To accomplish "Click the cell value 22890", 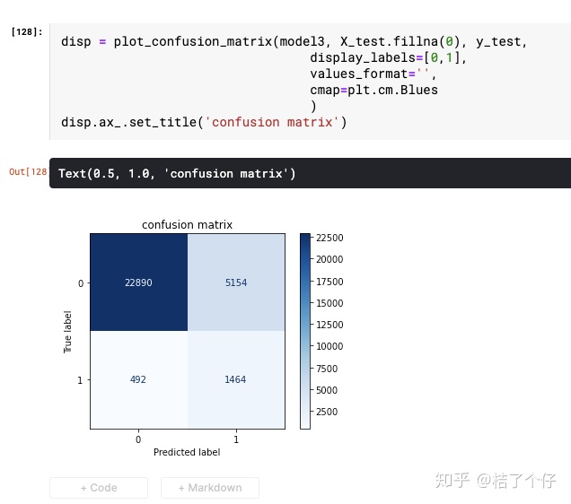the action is pyautogui.click(x=138, y=282).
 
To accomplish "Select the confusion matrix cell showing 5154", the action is pyautogui.click(x=236, y=282).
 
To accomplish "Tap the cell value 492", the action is pyautogui.click(x=138, y=379).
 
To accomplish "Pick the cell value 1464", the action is pyautogui.click(x=236, y=379).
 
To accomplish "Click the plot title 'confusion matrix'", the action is pyautogui.click(x=187, y=225).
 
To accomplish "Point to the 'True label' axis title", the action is pyautogui.click(x=67, y=332).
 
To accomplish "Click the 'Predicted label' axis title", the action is pyautogui.click(x=187, y=452).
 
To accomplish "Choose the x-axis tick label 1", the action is pyautogui.click(x=236, y=439).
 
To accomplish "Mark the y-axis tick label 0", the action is pyautogui.click(x=81, y=283).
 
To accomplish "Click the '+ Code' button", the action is pyautogui.click(x=99, y=488).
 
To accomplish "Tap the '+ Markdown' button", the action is pyautogui.click(x=210, y=488).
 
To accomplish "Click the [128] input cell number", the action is pyautogui.click(x=26, y=31).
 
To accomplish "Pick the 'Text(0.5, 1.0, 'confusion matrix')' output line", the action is pyautogui.click(x=177, y=173).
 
